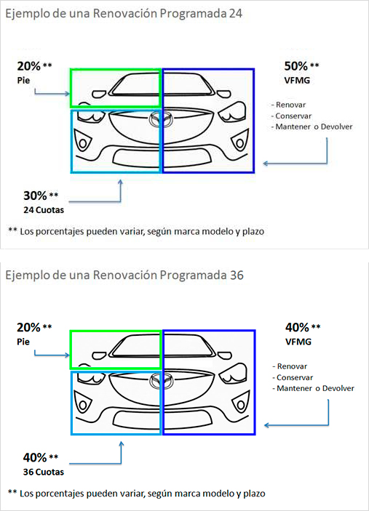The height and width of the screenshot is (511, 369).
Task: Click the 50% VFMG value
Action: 296,66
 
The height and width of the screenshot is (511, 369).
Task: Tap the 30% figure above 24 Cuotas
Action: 35,196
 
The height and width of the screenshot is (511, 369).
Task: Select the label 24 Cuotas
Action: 44,210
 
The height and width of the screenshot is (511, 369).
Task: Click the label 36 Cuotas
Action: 44,472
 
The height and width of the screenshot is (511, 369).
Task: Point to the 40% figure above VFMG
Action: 297,327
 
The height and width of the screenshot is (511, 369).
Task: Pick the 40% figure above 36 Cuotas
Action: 35,457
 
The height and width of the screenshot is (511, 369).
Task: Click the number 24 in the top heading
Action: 236,13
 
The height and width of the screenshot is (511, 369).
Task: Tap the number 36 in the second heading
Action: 237,275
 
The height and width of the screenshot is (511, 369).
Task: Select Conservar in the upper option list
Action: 293,116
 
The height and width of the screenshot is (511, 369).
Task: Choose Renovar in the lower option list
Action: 292,366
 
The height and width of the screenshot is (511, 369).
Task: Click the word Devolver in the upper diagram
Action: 337,126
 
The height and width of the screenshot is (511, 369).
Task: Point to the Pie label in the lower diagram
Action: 23,342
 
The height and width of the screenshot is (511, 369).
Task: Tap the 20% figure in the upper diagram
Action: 28,66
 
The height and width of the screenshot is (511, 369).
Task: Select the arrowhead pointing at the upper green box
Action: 68,94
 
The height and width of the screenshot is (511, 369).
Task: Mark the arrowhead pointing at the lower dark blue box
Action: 266,425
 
